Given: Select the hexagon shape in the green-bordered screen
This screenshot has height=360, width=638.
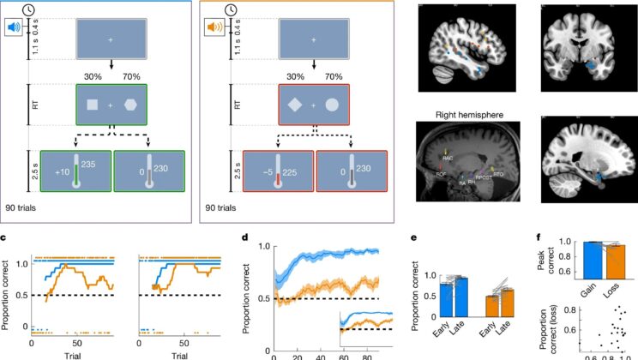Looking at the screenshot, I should tap(130, 105).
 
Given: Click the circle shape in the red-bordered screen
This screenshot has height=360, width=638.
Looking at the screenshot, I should tap(331, 105).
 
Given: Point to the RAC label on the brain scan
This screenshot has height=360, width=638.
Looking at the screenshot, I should tap(448, 157).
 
